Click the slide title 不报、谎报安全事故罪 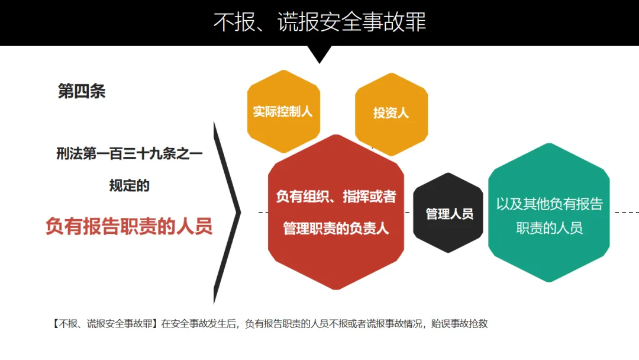[319, 22]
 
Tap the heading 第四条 [82, 91]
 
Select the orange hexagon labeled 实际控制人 [283, 111]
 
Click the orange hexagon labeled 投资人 [391, 112]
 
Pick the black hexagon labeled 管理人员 [449, 213]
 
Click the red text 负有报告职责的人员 [129, 227]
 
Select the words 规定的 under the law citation [129, 185]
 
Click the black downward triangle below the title [320, 54]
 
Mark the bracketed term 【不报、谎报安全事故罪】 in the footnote [105, 324]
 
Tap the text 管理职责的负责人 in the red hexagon [336, 229]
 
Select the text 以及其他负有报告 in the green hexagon [549, 204]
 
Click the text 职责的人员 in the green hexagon [549, 229]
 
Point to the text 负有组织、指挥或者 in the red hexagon [336, 197]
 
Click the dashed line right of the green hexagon [626, 212]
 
